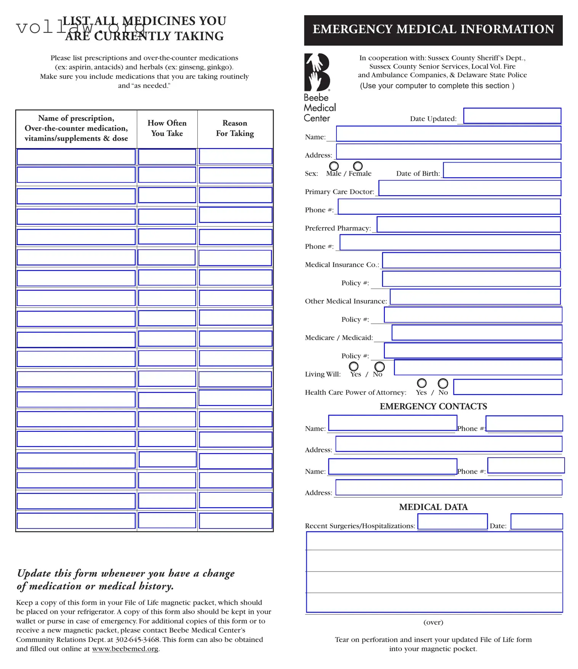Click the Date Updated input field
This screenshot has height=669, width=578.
point(512,116)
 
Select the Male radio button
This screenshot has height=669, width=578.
point(334,166)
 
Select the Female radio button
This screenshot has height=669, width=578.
point(358,166)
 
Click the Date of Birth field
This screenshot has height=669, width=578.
point(502,170)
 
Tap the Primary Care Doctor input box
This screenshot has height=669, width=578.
point(469,188)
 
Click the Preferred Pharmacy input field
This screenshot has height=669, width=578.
point(468,224)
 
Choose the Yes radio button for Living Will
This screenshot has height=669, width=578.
point(354,366)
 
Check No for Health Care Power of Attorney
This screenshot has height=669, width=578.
point(443,383)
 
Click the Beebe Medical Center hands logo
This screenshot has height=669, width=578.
point(317,72)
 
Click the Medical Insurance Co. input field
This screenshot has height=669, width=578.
point(471,260)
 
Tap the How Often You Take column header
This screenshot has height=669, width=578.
point(167,128)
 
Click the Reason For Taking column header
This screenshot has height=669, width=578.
point(235,128)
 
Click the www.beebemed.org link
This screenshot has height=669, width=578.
point(125,648)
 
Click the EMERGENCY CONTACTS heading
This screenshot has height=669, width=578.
point(433,406)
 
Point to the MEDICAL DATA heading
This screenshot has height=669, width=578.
point(433,507)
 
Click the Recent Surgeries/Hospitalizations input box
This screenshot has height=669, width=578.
point(452,521)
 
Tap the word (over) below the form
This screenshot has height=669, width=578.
point(433,622)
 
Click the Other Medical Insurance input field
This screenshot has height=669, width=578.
point(475,297)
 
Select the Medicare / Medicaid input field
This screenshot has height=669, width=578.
point(476,332)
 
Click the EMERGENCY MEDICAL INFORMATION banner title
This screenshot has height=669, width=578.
point(433,29)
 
